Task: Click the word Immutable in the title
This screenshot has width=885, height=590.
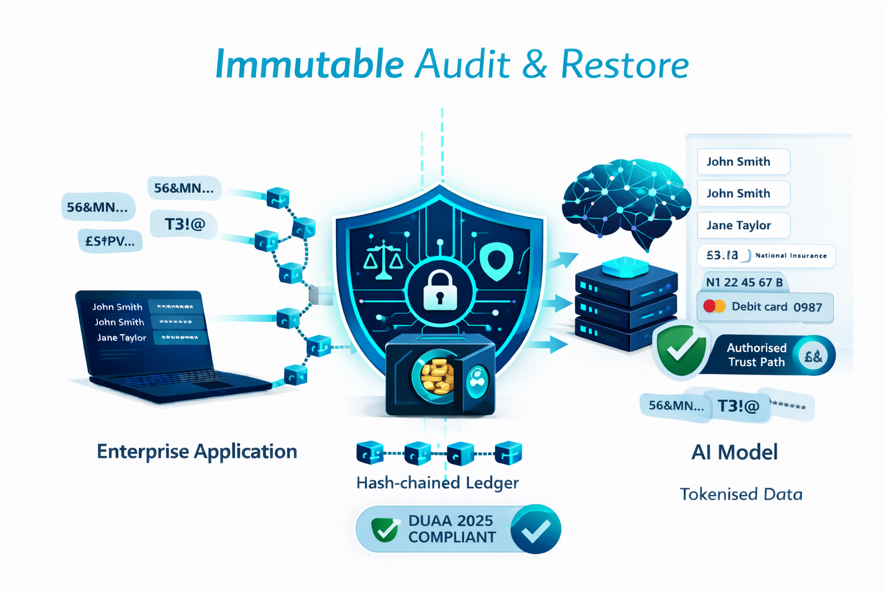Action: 309,64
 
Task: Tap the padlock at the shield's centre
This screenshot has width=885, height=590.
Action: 440,291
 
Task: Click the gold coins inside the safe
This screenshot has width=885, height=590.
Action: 437,376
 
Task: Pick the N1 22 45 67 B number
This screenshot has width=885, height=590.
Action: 744,282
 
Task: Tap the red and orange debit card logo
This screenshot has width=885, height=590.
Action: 714,306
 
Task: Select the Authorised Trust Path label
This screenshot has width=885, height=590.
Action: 756,355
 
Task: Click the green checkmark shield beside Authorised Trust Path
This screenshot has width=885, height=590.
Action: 682,350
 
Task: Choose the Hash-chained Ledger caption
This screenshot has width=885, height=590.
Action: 437,482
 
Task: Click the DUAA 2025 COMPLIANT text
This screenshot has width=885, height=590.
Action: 452,529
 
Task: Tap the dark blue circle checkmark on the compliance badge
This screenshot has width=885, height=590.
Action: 535,530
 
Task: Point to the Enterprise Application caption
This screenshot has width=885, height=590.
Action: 196,451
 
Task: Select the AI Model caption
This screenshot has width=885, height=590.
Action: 734,452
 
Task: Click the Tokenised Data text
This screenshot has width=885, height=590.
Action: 741,494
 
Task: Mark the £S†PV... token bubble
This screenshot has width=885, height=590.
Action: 109,241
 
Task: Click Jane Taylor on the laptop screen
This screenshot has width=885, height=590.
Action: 122,338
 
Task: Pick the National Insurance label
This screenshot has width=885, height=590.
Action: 791,255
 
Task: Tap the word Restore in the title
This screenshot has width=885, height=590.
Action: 625,64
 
